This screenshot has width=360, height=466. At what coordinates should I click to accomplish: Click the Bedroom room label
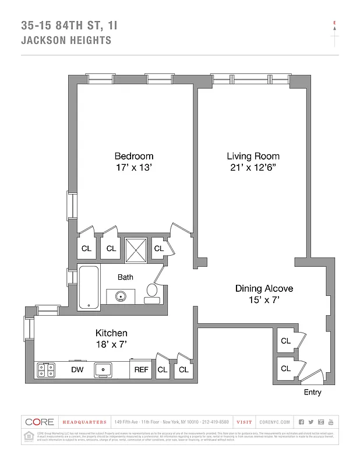(133, 156)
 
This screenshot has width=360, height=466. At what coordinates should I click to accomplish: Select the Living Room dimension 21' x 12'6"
(253, 168)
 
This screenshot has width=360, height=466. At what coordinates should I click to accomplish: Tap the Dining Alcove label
(264, 288)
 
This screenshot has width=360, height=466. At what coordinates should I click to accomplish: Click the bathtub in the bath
(89, 286)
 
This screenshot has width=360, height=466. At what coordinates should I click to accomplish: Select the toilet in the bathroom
(153, 291)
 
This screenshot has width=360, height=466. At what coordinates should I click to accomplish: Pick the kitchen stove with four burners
(46, 369)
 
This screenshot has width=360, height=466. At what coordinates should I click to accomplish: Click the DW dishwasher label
(77, 369)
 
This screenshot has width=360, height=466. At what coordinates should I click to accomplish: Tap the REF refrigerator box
(141, 369)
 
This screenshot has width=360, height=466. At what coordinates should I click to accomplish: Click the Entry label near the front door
(312, 392)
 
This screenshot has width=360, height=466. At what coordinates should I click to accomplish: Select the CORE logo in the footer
(40, 422)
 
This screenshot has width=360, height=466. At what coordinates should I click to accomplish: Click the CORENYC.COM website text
(272, 422)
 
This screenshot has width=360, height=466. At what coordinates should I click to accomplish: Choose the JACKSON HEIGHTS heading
(66, 41)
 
